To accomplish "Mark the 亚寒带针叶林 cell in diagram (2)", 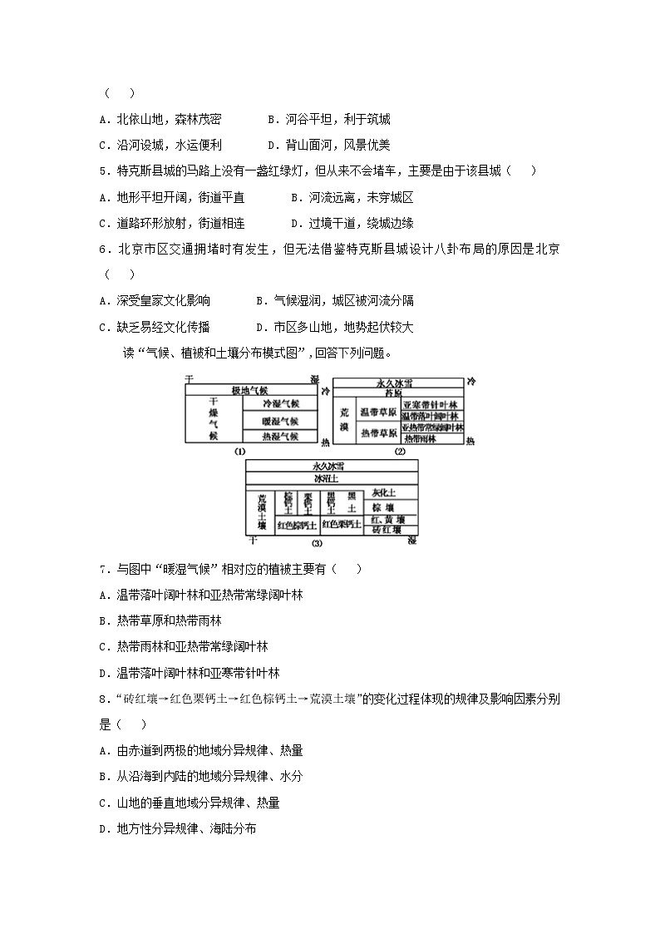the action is click(x=431, y=403).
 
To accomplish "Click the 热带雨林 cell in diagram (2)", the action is click(x=431, y=437).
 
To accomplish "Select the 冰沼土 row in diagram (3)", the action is click(x=331, y=480).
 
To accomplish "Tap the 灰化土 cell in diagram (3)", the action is click(x=390, y=493).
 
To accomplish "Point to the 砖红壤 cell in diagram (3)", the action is click(x=390, y=530).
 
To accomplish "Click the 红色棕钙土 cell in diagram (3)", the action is click(x=294, y=525).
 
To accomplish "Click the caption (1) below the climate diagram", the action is click(x=240, y=452).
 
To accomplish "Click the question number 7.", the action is click(x=102, y=569).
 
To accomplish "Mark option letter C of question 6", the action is click(x=102, y=327).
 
